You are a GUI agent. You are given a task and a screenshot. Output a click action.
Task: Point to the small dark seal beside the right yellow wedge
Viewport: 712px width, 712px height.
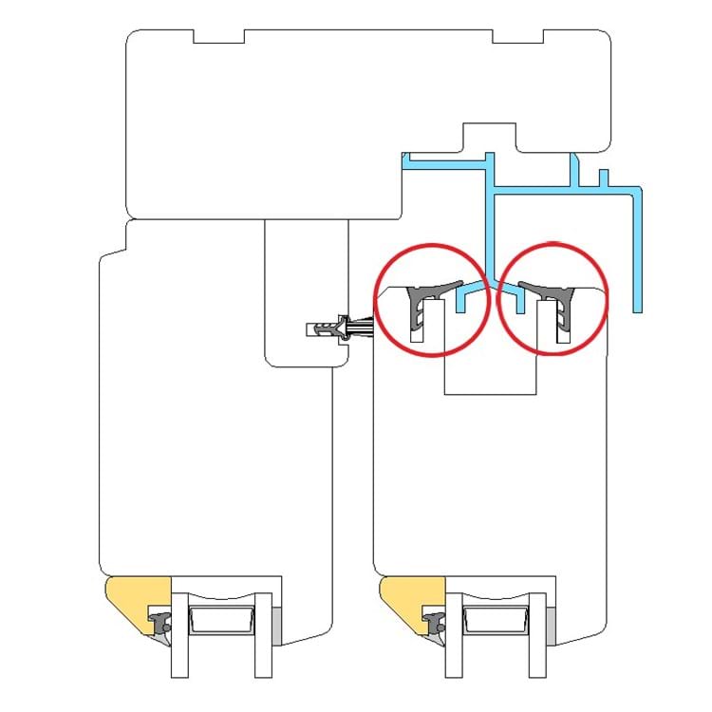click(436, 624)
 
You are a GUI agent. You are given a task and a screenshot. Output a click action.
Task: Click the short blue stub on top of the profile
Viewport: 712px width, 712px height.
click(602, 178)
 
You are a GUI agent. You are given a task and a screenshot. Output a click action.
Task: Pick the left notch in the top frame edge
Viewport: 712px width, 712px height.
click(218, 37)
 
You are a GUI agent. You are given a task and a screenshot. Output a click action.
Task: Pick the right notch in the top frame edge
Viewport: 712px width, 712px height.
click(518, 37)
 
